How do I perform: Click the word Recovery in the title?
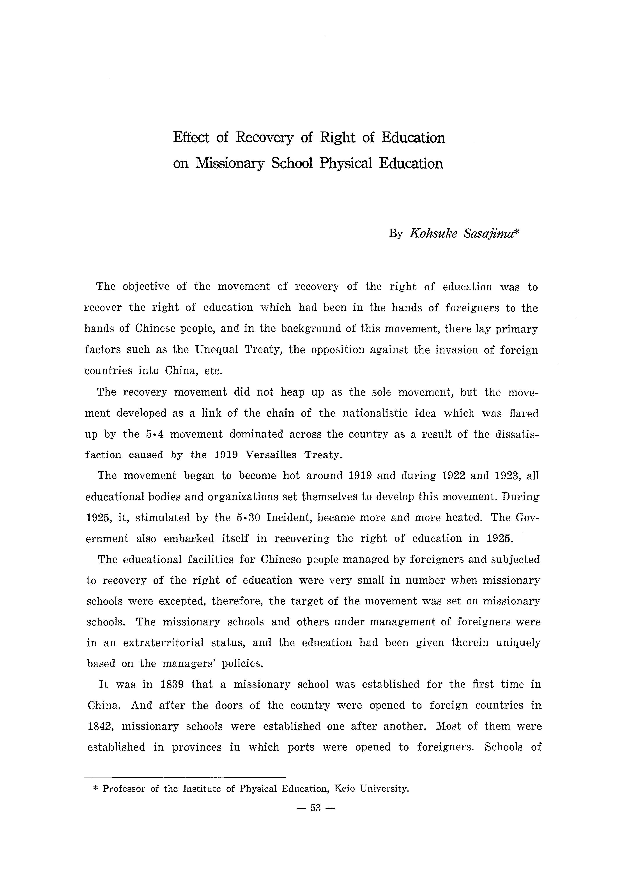coord(265,138)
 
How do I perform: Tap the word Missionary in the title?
coord(230,164)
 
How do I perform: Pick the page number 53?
coord(316,808)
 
